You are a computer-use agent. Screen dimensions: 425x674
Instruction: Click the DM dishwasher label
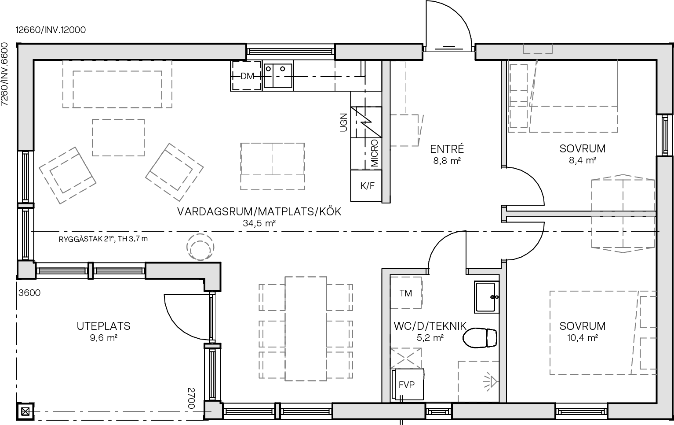pos(247,76)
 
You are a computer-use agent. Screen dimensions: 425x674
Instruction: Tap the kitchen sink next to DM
pos(278,75)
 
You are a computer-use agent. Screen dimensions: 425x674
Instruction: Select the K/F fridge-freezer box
pos(368,185)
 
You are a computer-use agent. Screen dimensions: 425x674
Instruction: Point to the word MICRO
pos(375,153)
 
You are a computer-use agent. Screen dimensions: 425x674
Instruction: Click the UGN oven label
pos(344,122)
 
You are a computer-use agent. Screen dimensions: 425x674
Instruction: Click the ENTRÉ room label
pos(447,149)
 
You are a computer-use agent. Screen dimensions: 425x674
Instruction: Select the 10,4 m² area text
pos(582,338)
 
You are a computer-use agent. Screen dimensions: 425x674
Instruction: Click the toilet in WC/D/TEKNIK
pos(481,338)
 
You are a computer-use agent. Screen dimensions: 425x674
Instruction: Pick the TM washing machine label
pos(405,293)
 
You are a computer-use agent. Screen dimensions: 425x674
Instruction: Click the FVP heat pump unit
pos(408,384)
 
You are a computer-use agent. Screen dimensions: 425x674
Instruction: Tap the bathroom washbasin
pos(487,297)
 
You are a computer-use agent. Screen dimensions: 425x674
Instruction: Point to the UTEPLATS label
pos(104,326)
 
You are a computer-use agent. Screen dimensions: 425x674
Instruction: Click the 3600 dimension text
pos(29,293)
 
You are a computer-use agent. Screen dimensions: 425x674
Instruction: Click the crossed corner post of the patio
pos(26,412)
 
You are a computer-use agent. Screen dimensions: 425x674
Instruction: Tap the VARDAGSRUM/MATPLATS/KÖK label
pos(259,211)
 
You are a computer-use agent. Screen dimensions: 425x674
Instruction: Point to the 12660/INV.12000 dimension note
pos(51,30)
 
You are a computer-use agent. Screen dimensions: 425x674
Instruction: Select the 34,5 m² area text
pos(259,223)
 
